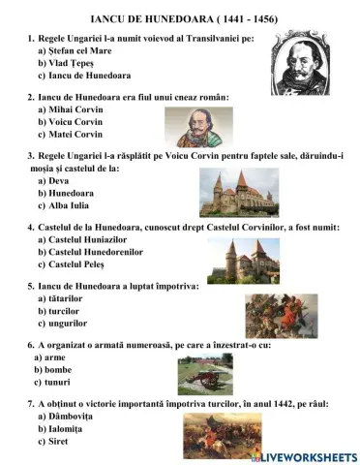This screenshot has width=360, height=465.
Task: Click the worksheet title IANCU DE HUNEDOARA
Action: pos(180,17)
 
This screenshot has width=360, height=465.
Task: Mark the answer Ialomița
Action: pos(70,428)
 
